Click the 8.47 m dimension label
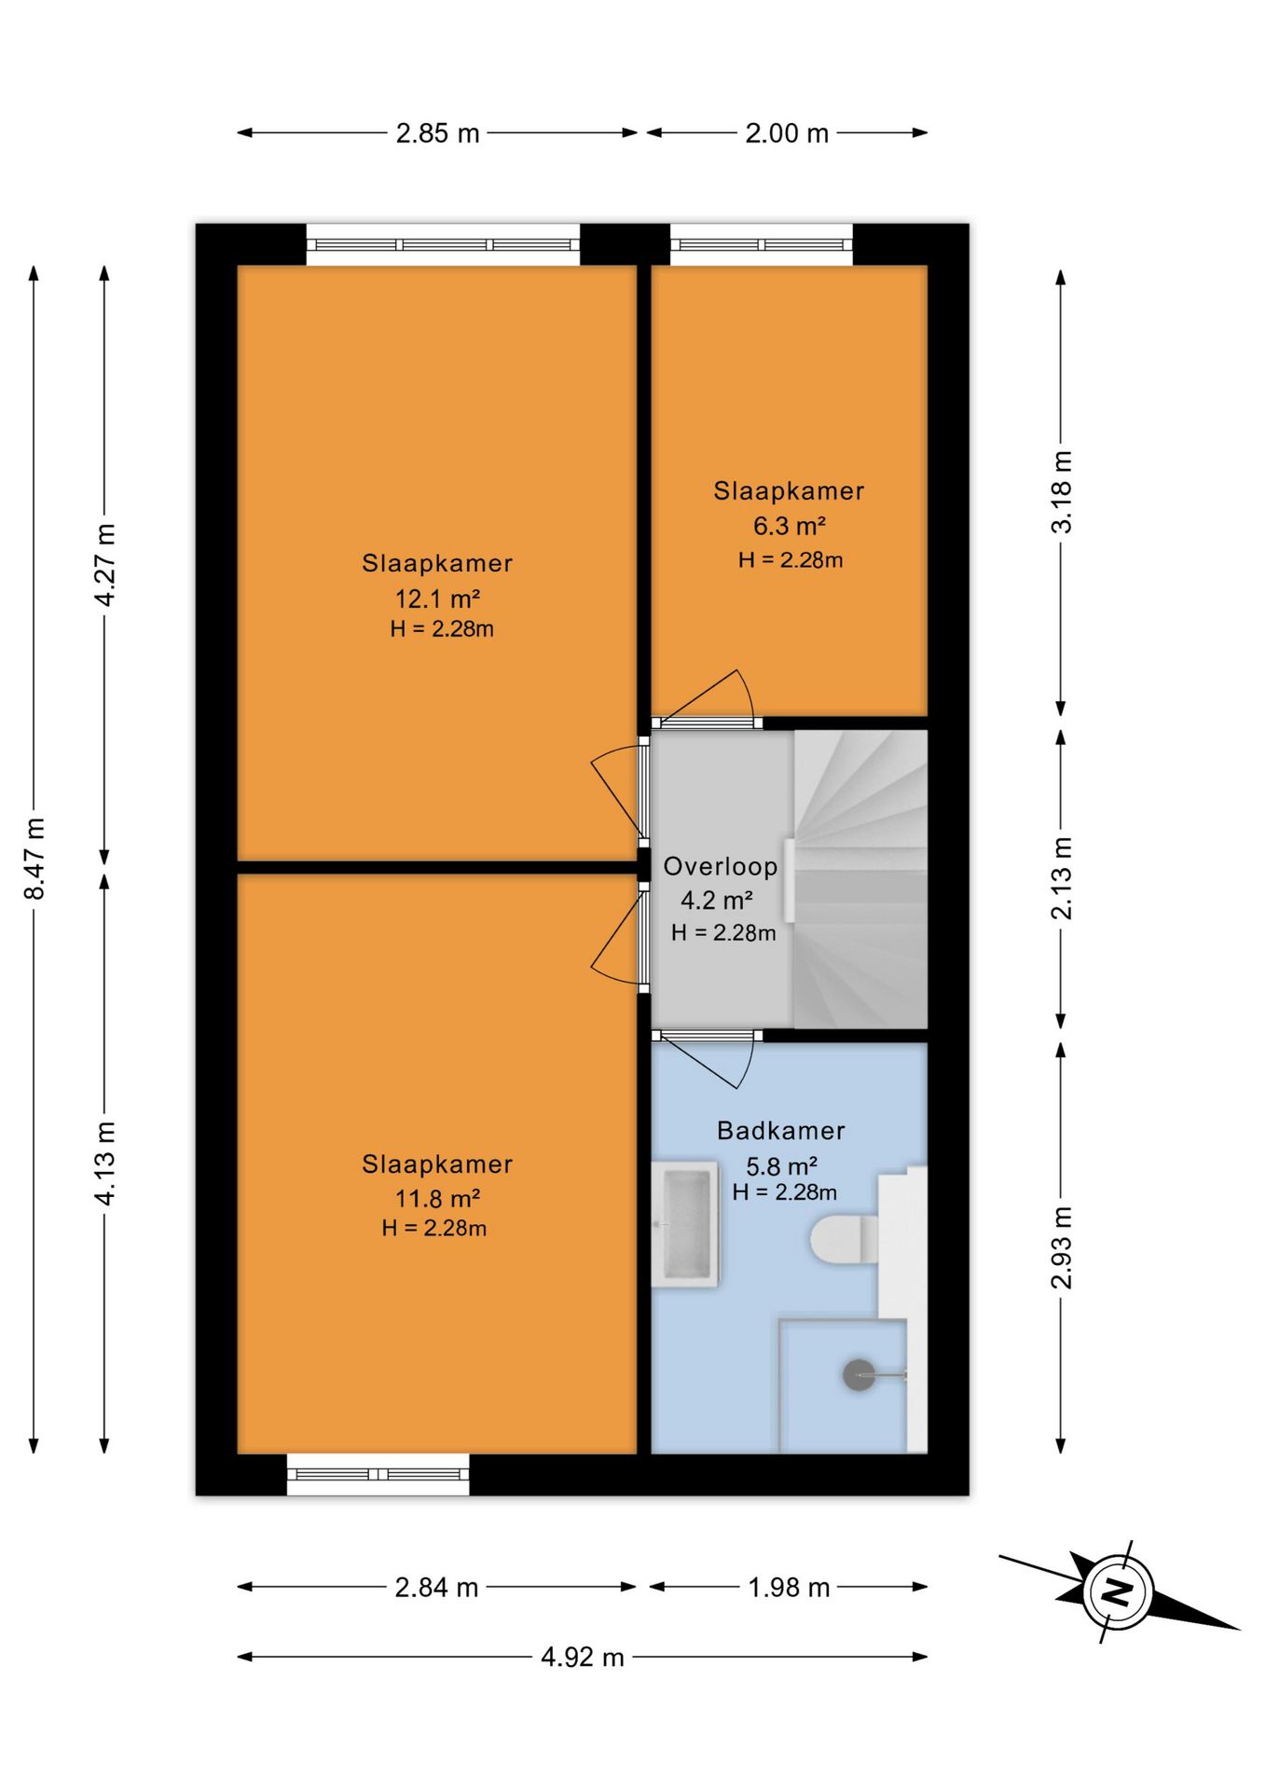tap(34, 859)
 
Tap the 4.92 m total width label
tap(583, 1657)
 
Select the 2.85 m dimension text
tap(437, 133)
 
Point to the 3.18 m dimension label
tap(1061, 491)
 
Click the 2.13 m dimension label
tap(1061, 878)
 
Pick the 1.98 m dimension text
tap(789, 1587)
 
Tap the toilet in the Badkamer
tap(845, 1239)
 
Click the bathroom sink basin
tap(686, 1224)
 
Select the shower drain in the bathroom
tap(859, 1375)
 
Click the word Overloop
tap(720, 866)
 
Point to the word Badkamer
tap(781, 1131)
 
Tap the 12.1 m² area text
tap(437, 599)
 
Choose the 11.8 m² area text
tap(437, 1199)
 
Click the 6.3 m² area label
tap(790, 526)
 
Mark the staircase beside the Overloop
tap(860, 879)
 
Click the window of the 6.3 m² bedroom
tap(762, 244)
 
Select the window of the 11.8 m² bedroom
tap(378, 1474)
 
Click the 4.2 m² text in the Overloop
tap(717, 901)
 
